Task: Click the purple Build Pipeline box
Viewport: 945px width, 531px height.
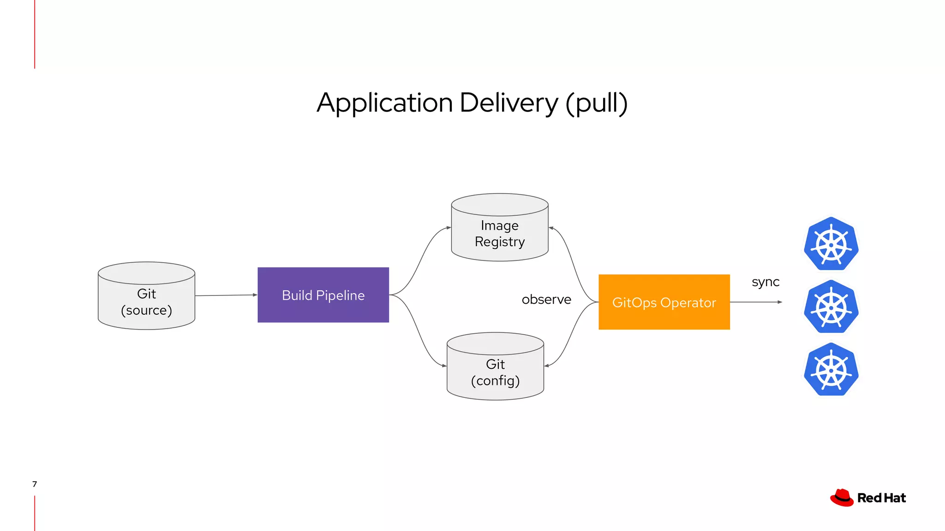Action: click(323, 295)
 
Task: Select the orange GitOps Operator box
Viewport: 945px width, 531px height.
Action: click(664, 302)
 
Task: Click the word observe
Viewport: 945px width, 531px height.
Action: click(546, 300)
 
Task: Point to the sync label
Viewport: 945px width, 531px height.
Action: click(766, 282)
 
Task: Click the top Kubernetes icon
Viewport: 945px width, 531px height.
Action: click(831, 244)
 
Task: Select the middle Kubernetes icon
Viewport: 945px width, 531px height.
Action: click(831, 307)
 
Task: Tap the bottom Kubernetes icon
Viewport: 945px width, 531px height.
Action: click(831, 370)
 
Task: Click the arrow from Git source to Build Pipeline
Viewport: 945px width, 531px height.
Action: click(226, 295)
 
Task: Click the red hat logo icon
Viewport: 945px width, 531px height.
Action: click(842, 498)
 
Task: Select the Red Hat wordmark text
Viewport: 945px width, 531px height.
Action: click(881, 498)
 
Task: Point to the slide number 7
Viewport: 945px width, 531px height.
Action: click(35, 484)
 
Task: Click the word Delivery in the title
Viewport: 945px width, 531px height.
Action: click(508, 103)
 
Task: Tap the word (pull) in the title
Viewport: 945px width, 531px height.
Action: click(597, 104)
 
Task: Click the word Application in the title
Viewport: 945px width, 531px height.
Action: click(384, 104)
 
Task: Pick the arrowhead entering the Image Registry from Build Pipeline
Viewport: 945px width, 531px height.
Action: click(449, 228)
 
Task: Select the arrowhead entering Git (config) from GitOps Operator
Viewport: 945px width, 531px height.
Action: click(547, 366)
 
